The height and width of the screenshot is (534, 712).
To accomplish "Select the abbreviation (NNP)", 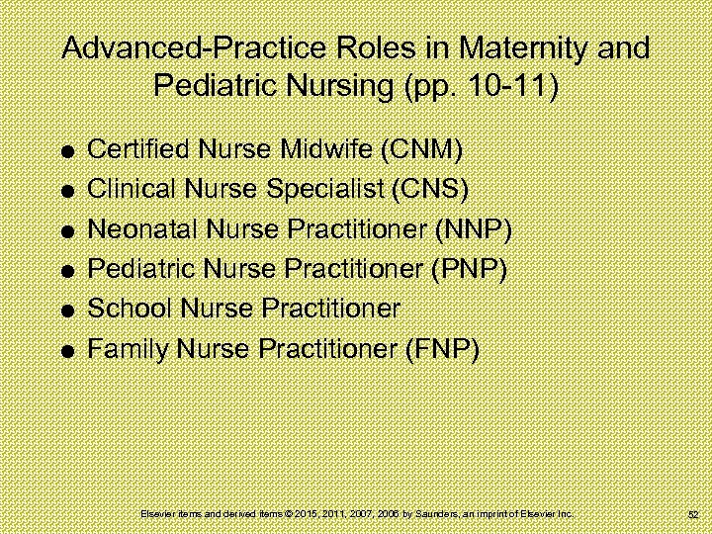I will (474, 229).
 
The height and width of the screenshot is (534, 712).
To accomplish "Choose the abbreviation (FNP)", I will (442, 348).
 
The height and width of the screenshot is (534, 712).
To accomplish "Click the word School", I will (122, 309).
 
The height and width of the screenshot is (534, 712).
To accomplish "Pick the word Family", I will (121, 348).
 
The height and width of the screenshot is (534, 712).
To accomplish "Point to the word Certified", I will (135, 150).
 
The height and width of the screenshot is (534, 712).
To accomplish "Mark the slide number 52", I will (692, 515).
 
